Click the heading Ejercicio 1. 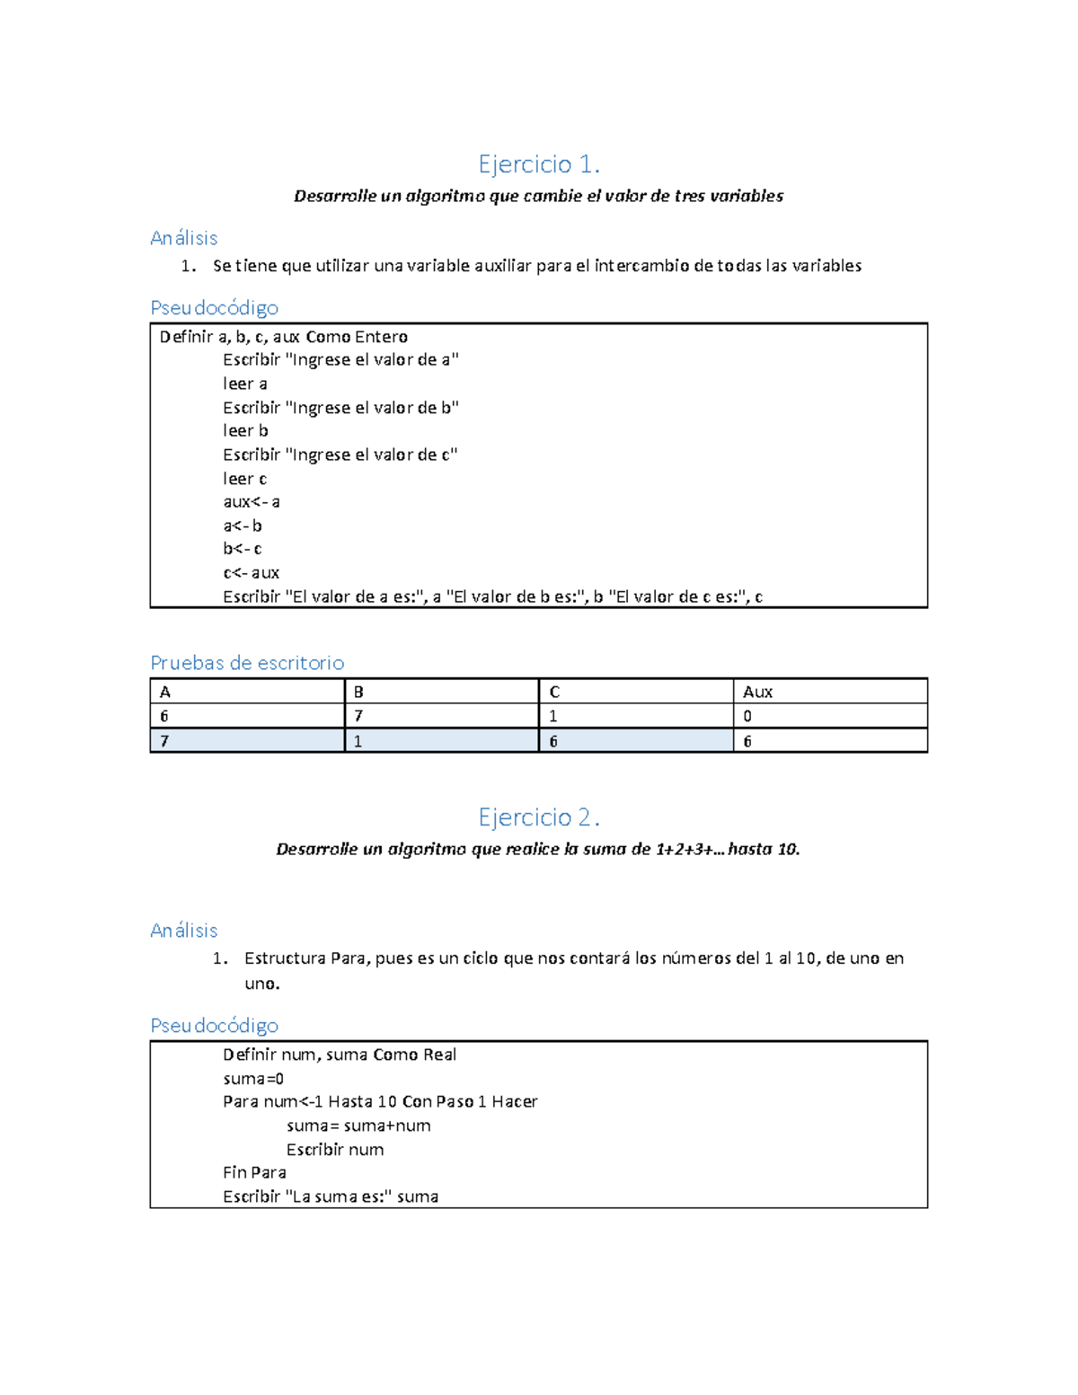click(539, 164)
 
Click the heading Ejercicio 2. click(539, 817)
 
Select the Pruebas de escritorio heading click(247, 663)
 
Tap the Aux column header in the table click(757, 692)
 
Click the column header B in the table click(358, 692)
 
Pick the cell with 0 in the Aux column click(747, 716)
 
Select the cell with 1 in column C click(553, 716)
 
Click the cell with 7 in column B click(358, 716)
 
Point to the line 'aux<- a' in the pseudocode click(252, 502)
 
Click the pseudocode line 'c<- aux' click(252, 573)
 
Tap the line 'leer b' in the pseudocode click(245, 431)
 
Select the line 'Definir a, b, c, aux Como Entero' click(284, 337)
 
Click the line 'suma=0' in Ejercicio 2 click(253, 1079)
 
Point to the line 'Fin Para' click(254, 1172)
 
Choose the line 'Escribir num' click(335, 1150)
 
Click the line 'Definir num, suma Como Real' click(340, 1055)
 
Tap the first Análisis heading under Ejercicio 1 click(184, 238)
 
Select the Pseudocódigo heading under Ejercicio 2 click(214, 1026)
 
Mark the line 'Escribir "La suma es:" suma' click(331, 1196)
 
